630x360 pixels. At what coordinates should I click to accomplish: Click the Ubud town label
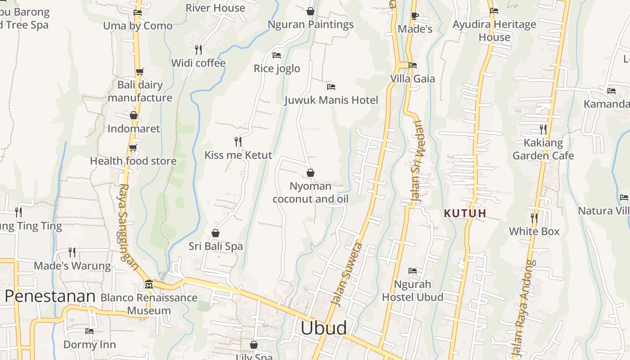point(324,328)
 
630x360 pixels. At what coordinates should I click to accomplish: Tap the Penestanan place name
point(50,296)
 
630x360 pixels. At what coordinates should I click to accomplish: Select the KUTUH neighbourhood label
point(465,213)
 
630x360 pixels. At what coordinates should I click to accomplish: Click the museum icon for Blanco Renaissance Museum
point(148,284)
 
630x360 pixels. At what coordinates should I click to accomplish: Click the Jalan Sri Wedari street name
point(417,162)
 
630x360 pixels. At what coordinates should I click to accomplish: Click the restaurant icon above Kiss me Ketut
point(238,142)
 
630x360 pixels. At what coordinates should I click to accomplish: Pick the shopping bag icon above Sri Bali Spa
point(216,233)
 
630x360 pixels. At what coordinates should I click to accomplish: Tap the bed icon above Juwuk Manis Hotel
point(331,86)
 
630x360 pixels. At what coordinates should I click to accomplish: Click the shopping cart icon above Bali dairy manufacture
point(139,72)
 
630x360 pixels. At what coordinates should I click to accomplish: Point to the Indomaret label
point(134,129)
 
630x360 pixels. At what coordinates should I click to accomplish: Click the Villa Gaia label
point(413,79)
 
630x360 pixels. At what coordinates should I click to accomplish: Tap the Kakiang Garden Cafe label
point(543,149)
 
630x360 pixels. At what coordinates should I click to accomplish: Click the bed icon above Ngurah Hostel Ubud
point(413,271)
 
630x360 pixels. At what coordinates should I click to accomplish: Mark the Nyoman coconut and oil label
point(310,193)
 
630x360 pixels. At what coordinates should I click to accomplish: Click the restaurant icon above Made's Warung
point(72,252)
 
